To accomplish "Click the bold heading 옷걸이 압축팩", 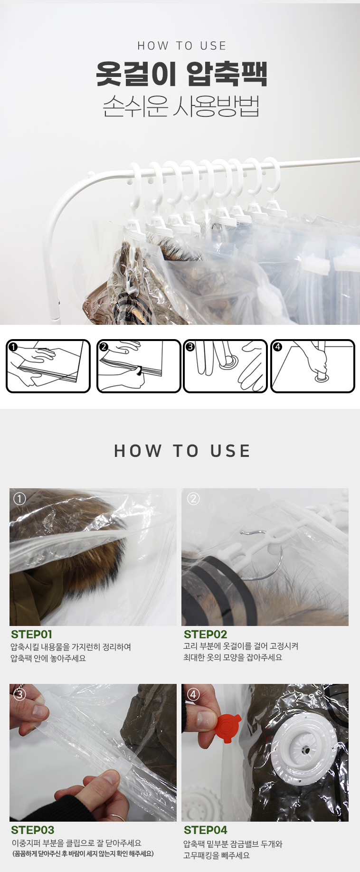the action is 181,74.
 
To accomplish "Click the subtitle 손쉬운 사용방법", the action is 181,106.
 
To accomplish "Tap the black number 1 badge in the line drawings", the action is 13,347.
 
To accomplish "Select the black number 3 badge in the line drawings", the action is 190,347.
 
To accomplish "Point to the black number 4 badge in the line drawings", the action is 278,347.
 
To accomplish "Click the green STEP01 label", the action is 31,635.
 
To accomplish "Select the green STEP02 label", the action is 205,635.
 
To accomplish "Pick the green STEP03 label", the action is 32,830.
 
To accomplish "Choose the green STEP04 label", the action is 205,830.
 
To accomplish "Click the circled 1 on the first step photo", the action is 19,499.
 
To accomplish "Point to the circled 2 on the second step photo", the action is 193,499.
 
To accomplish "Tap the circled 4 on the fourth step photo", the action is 193,694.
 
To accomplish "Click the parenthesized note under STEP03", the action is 83,853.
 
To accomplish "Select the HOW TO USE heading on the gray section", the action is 182,451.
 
